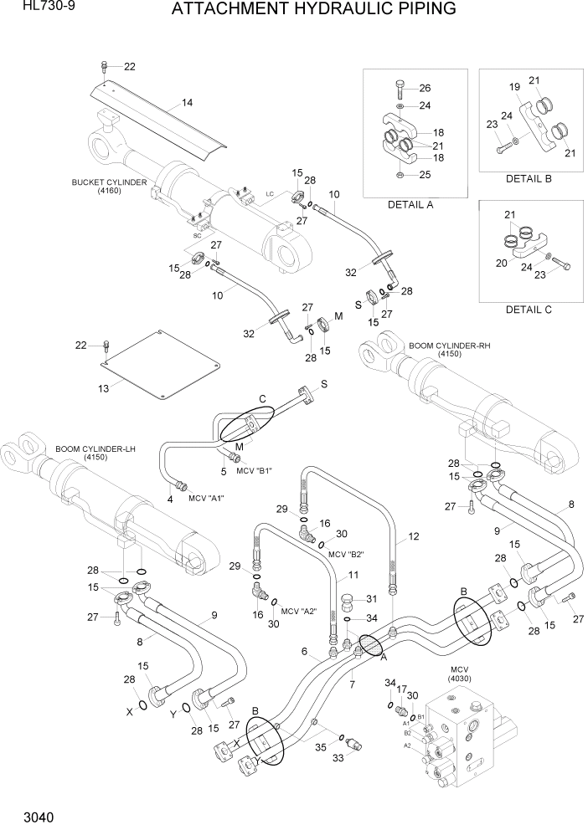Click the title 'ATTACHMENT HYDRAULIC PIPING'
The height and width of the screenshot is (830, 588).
[x=313, y=10]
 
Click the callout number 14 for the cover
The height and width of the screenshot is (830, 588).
[x=187, y=103]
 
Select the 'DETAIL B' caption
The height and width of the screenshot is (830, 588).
[x=529, y=179]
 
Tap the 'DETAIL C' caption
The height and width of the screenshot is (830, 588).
[x=529, y=309]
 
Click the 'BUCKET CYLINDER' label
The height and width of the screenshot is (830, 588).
[x=109, y=182]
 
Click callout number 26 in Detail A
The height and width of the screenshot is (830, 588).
[x=425, y=89]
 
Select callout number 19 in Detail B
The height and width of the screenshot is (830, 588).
[x=515, y=86]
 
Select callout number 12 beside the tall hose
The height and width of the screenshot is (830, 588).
[x=412, y=538]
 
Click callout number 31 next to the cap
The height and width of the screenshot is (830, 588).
[x=374, y=598]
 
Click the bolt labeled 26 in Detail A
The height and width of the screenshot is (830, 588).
[x=399, y=86]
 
